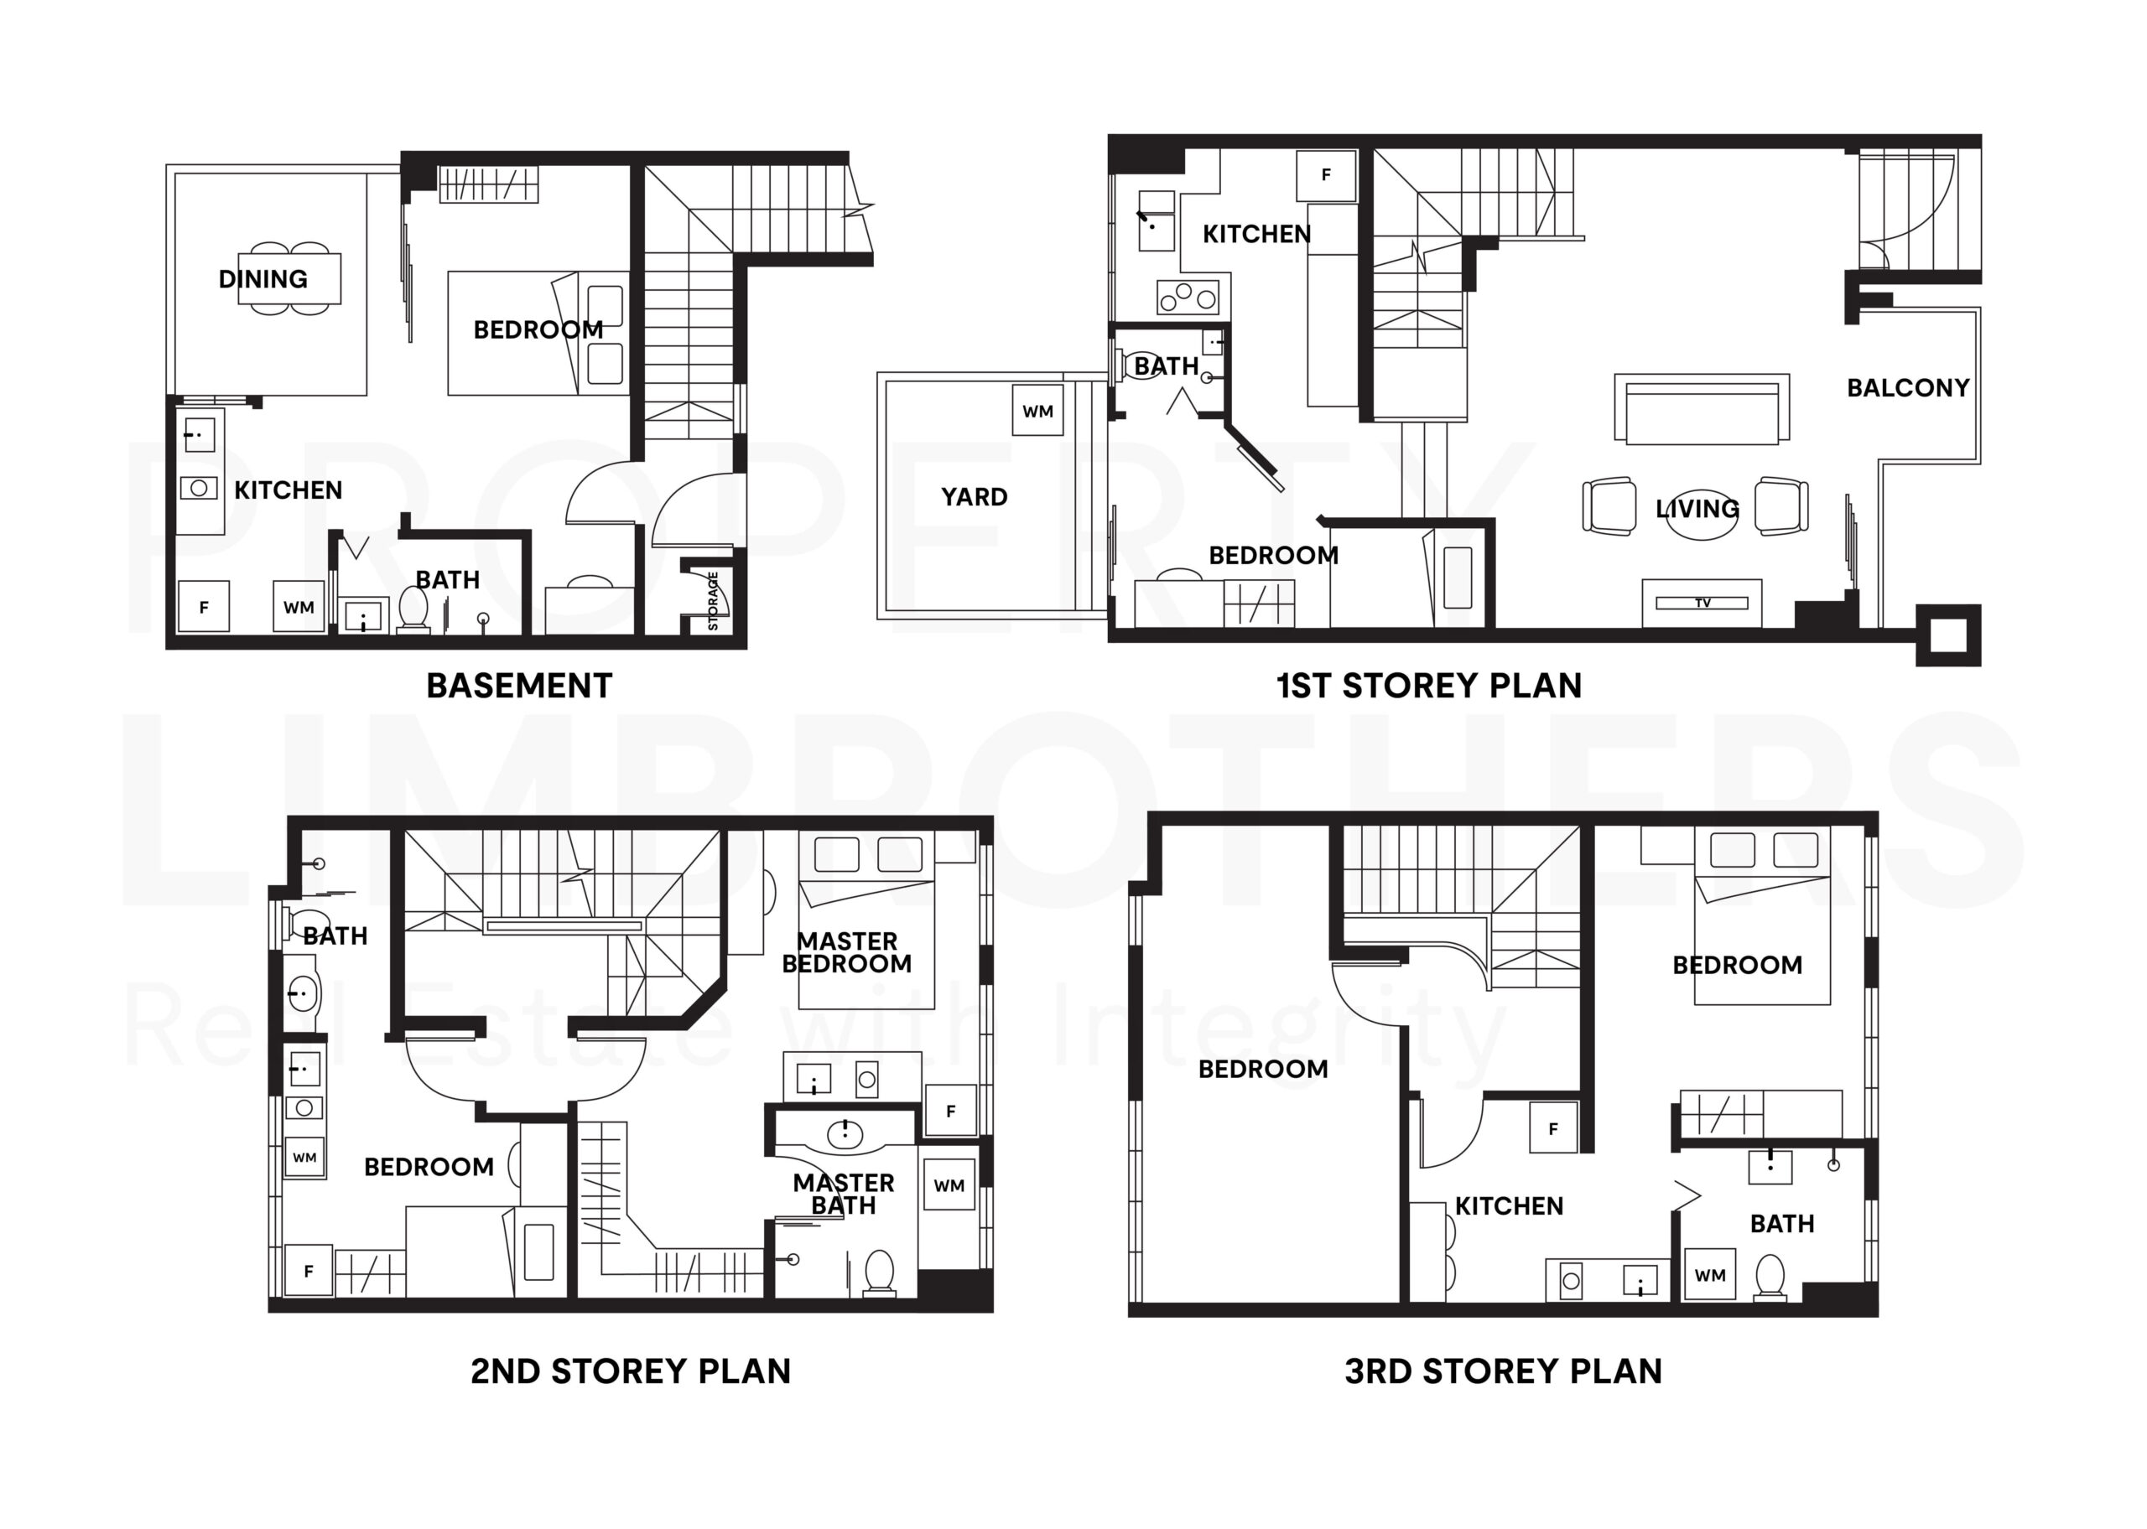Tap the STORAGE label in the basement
(x=713, y=601)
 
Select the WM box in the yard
(x=1037, y=411)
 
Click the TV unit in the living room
(x=1702, y=603)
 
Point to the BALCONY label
(x=1908, y=388)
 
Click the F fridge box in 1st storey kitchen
(x=1326, y=175)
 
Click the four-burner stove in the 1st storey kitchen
(x=1188, y=298)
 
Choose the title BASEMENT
(x=519, y=686)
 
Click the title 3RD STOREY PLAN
(x=1503, y=1371)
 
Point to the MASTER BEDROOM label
(x=846, y=952)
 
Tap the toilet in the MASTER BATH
(x=880, y=1272)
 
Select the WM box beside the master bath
(x=949, y=1186)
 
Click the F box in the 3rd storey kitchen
(x=1553, y=1130)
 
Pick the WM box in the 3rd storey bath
(x=1709, y=1276)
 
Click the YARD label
(x=974, y=497)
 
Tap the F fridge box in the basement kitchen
(x=204, y=607)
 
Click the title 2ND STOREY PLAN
(x=630, y=1371)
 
